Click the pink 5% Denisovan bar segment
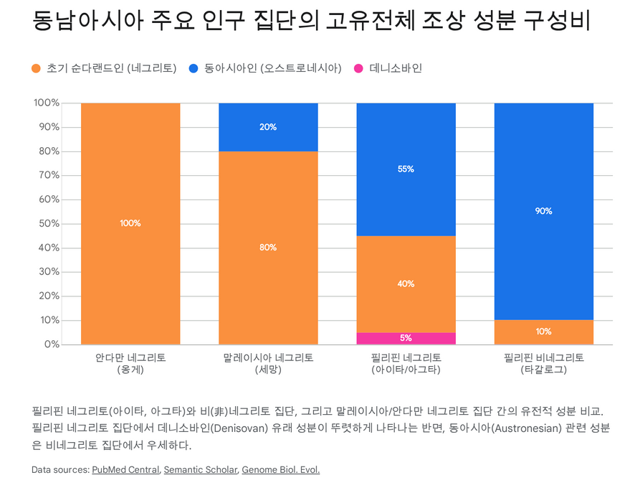point(406,338)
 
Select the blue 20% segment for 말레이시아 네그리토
point(268,127)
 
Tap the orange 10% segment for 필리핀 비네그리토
point(543,332)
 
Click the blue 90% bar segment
point(543,211)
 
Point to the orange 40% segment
point(406,283)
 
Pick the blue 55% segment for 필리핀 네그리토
point(406,169)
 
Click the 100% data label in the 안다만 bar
point(130,223)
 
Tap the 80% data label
point(268,248)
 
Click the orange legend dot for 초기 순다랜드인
point(37,69)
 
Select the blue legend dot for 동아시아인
point(194,69)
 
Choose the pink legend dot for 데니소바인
point(358,69)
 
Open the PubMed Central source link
point(125,470)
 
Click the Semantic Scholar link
point(200,470)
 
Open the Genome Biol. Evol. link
point(280,470)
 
